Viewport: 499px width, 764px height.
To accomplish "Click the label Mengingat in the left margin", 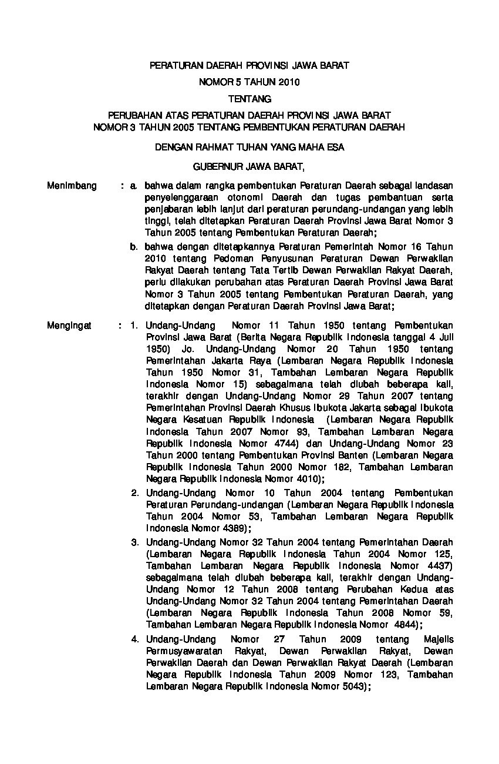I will point(69,325).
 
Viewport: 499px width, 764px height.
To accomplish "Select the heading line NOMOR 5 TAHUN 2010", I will point(249,82).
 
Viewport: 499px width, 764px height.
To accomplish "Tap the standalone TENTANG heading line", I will point(249,99).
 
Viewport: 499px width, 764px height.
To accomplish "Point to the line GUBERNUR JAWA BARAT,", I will point(249,166).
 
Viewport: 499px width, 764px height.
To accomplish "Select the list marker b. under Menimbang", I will point(134,247).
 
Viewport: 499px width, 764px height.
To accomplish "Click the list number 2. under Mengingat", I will point(134,492).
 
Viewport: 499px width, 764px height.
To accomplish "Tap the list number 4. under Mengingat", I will point(134,639).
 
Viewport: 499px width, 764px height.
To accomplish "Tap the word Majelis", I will point(437,639).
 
